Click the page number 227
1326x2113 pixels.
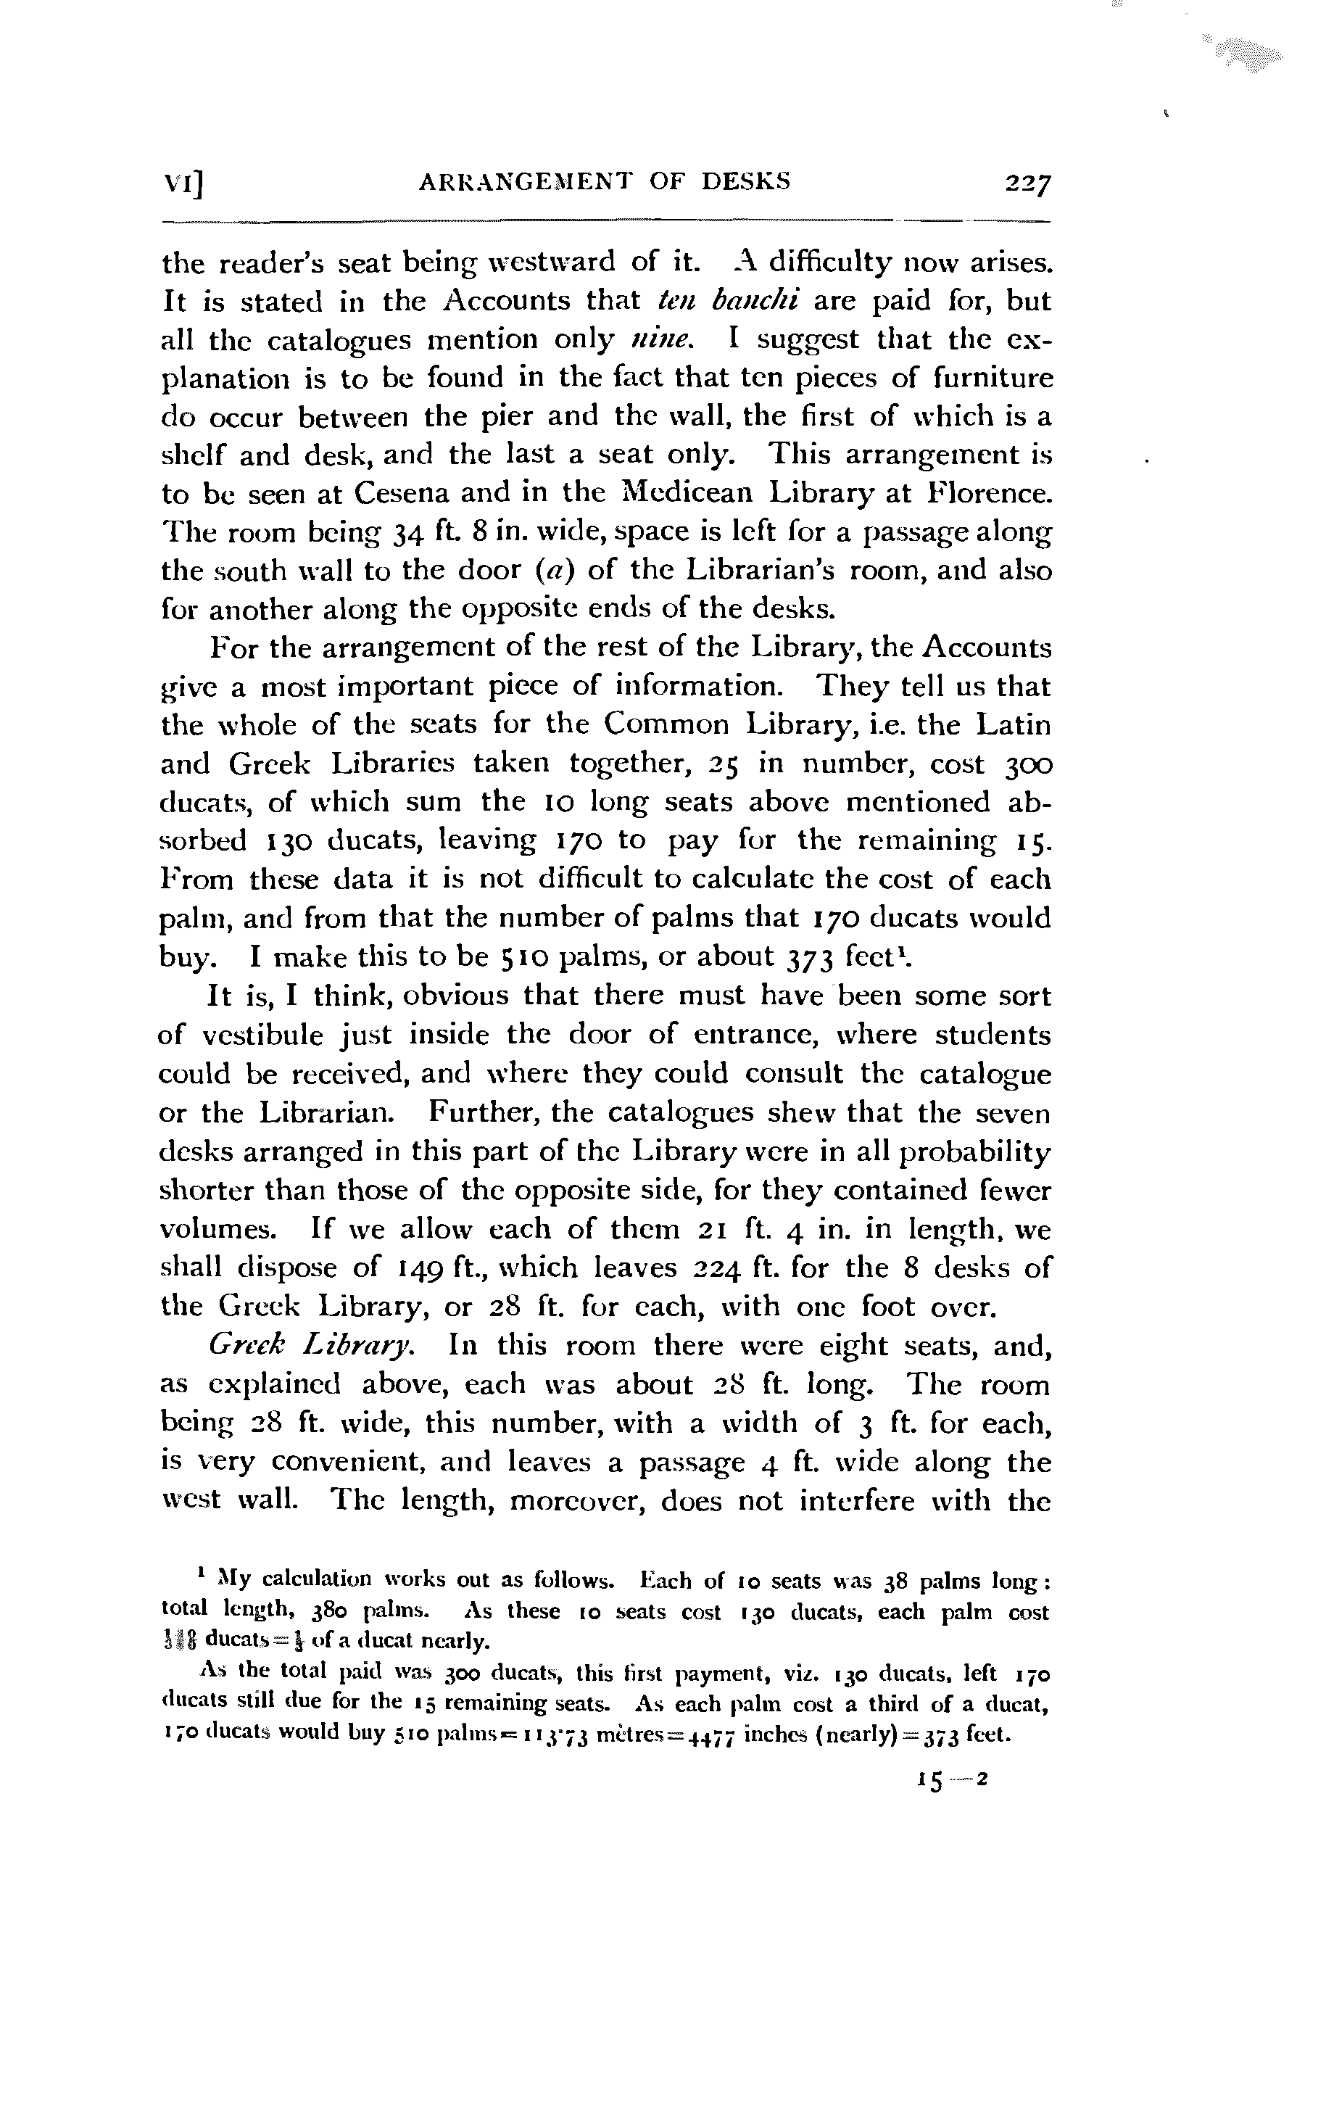[x=1028, y=184]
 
